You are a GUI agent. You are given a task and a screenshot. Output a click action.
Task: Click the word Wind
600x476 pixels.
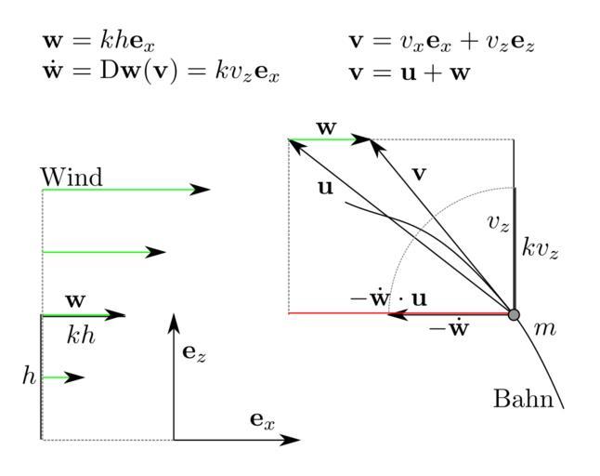point(72,176)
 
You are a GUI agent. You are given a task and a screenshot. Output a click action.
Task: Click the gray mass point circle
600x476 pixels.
point(515,314)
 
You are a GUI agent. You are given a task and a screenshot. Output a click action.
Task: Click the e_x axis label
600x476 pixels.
point(263,419)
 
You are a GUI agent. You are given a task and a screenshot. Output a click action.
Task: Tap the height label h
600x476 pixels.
point(29,376)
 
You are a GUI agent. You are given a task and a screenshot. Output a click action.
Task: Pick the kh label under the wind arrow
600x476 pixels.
point(81,336)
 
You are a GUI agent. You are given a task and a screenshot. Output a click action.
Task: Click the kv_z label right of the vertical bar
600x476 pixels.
point(540,248)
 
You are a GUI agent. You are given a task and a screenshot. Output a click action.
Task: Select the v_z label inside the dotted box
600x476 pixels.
point(499,222)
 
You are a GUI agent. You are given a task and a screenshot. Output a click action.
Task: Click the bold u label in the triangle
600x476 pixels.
point(325,187)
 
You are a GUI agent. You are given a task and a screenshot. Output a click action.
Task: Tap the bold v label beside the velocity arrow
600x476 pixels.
point(419,172)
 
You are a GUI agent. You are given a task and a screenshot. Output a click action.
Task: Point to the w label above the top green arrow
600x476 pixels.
point(326,127)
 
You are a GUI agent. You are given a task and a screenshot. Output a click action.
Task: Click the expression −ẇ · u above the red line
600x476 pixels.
point(388,298)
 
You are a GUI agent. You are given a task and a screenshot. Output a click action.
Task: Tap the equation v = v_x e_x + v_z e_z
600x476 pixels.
point(442,42)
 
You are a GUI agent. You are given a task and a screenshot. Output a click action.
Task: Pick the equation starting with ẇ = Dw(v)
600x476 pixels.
point(161,72)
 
